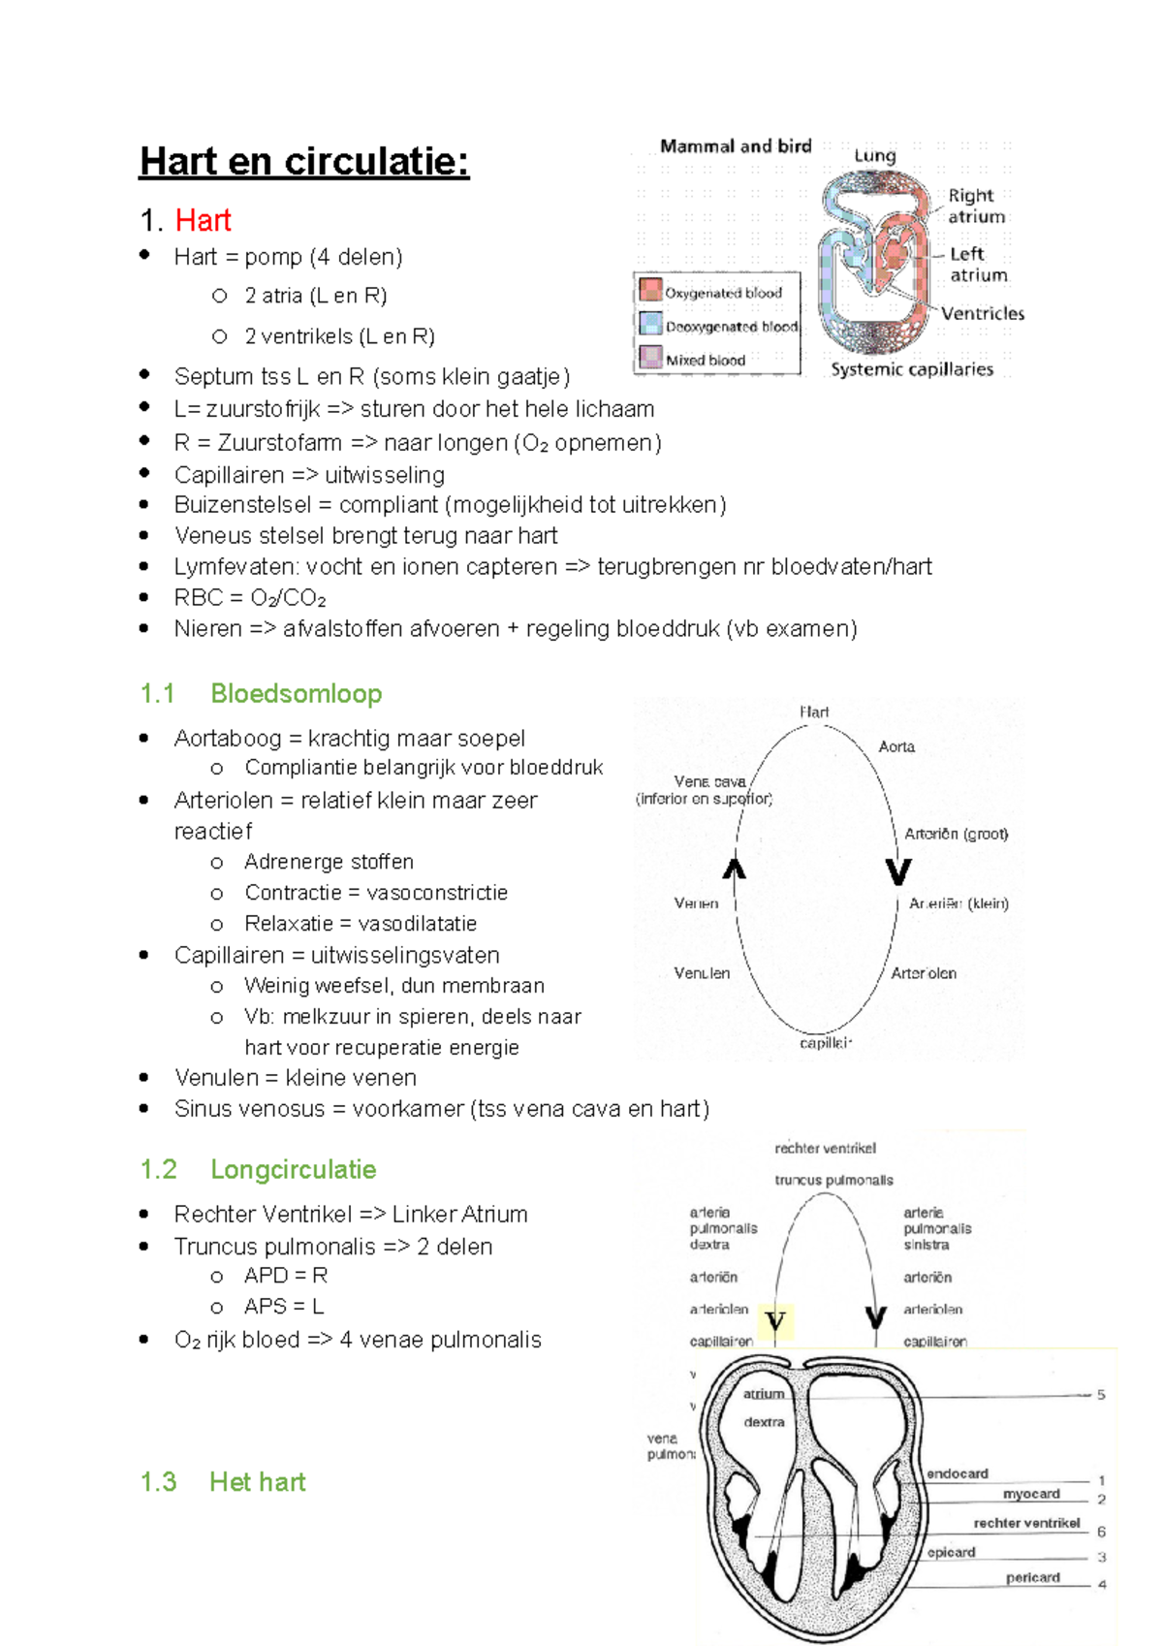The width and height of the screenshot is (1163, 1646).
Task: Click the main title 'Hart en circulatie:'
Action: tap(304, 161)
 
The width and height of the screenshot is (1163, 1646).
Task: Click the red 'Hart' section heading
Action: tap(203, 220)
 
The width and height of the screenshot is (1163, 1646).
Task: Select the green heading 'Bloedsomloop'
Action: tap(296, 694)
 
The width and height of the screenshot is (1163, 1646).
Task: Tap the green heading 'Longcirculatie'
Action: tap(293, 1169)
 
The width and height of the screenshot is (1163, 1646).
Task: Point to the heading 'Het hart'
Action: tap(257, 1481)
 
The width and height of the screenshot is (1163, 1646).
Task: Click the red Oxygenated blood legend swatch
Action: tap(650, 290)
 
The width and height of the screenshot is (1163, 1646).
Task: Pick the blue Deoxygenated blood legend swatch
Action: tap(650, 324)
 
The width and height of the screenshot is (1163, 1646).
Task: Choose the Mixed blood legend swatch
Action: tap(650, 357)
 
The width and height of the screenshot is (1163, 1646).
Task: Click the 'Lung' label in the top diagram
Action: tap(874, 155)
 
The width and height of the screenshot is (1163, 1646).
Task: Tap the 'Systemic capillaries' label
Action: tap(911, 369)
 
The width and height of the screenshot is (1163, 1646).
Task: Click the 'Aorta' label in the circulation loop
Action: tap(896, 746)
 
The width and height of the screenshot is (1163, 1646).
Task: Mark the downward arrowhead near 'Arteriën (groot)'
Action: tap(898, 871)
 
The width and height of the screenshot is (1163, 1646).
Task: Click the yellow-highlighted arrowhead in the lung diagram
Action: tap(775, 1321)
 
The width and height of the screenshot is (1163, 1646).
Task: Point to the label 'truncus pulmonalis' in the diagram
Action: tap(833, 1180)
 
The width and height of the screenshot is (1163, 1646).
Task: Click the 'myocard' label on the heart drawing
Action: tap(1030, 1494)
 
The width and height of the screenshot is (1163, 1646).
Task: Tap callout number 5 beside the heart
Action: tap(1101, 1395)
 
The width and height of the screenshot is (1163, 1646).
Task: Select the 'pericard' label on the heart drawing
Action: tap(1032, 1577)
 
